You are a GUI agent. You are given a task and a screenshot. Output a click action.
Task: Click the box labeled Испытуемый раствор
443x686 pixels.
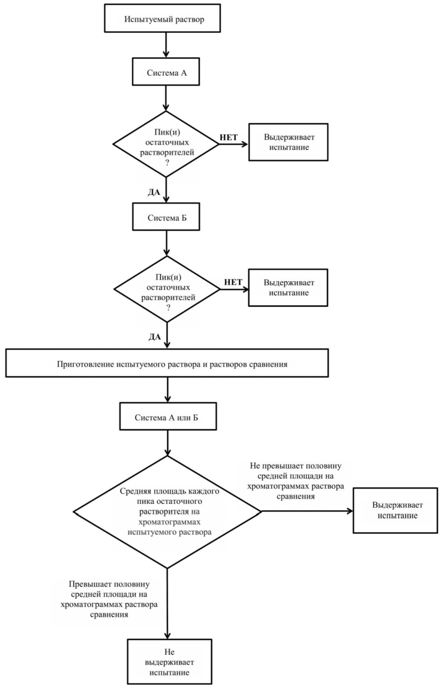tap(162, 18)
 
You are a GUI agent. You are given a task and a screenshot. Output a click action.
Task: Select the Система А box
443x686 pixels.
tap(166, 72)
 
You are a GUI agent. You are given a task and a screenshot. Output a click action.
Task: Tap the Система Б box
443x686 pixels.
tap(166, 217)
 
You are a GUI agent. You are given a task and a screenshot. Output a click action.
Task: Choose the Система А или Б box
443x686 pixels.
tap(168, 417)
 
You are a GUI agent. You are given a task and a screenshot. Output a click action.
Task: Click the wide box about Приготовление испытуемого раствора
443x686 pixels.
tap(167, 363)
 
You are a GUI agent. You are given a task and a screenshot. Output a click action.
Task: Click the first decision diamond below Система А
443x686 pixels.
tap(166, 144)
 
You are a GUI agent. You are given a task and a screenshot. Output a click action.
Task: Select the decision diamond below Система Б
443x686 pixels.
tap(167, 289)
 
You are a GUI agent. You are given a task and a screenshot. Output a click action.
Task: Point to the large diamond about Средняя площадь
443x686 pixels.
tap(167, 511)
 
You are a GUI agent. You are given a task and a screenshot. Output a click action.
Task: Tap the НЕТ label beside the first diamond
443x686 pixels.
tap(229, 138)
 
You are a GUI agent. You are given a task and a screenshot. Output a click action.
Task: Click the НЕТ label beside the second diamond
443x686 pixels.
tap(233, 282)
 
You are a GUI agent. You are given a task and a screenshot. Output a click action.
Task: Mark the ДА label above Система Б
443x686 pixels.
tap(154, 192)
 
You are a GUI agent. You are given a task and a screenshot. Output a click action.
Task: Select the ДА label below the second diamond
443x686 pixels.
tap(155, 337)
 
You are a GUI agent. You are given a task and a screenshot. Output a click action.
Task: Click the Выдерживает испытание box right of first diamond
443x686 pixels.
tap(288, 142)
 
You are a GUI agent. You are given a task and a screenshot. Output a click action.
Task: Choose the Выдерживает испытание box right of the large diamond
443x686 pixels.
tap(396, 510)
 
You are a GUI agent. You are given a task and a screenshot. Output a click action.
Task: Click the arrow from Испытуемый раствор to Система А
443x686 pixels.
tap(166, 45)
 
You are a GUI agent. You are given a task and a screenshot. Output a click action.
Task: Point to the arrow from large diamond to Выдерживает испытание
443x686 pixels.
tap(307, 511)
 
